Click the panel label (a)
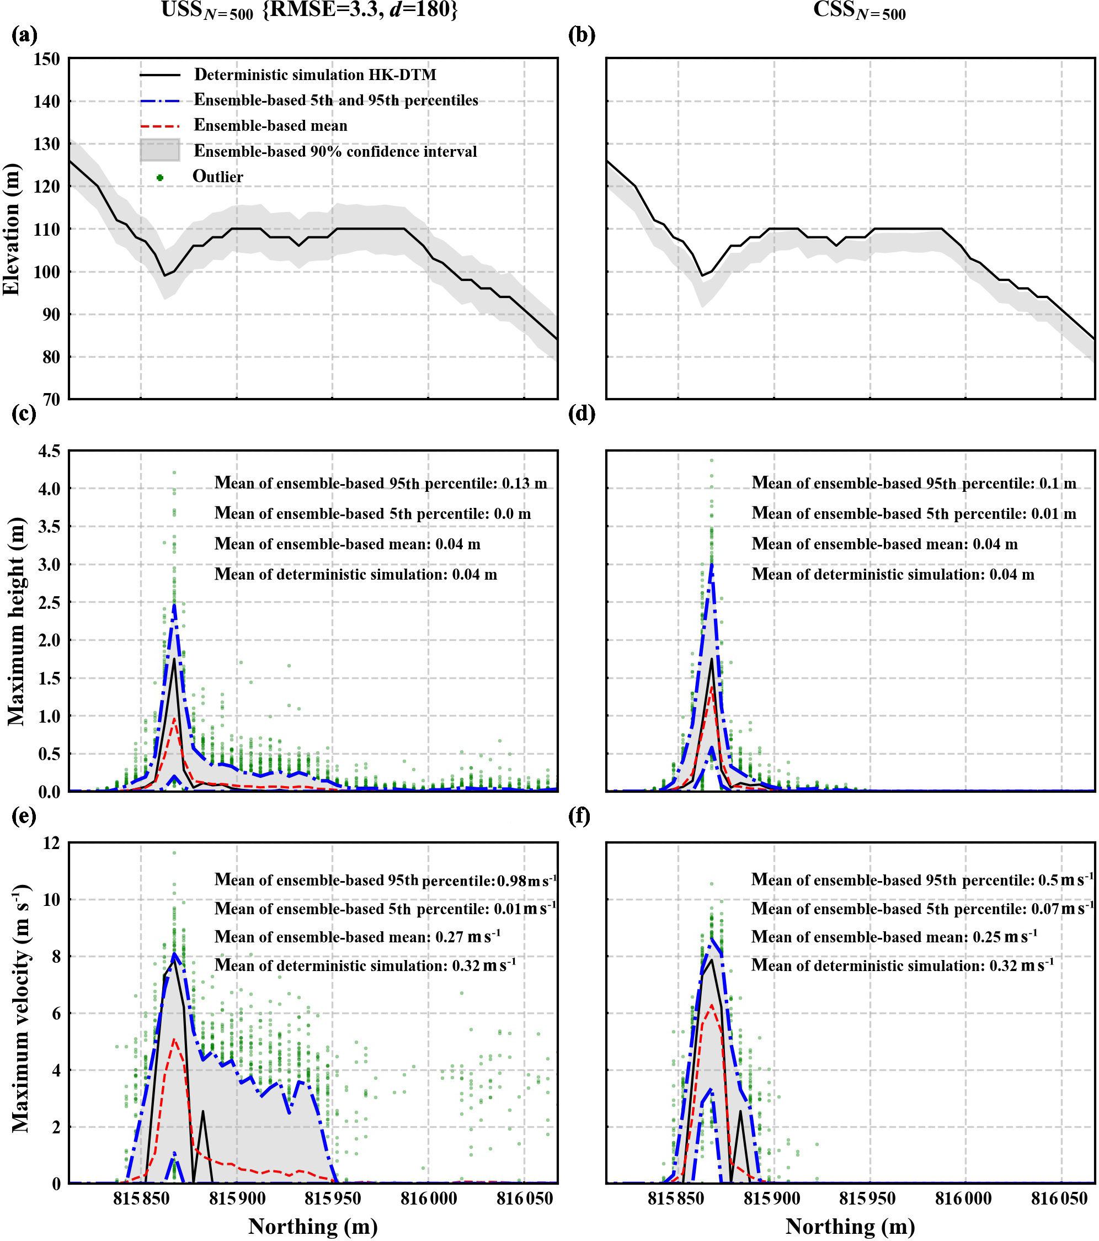(24, 35)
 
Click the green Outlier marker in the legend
(159, 177)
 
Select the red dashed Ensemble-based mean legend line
(159, 126)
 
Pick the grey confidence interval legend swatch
(159, 150)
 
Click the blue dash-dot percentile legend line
(159, 101)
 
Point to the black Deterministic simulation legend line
(159, 75)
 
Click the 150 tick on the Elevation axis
(47, 60)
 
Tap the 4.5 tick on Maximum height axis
(49, 451)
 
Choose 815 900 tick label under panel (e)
(237, 1199)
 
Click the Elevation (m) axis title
(12, 229)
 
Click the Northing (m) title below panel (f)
(850, 1227)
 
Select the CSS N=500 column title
(860, 10)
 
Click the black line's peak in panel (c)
(174, 659)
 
